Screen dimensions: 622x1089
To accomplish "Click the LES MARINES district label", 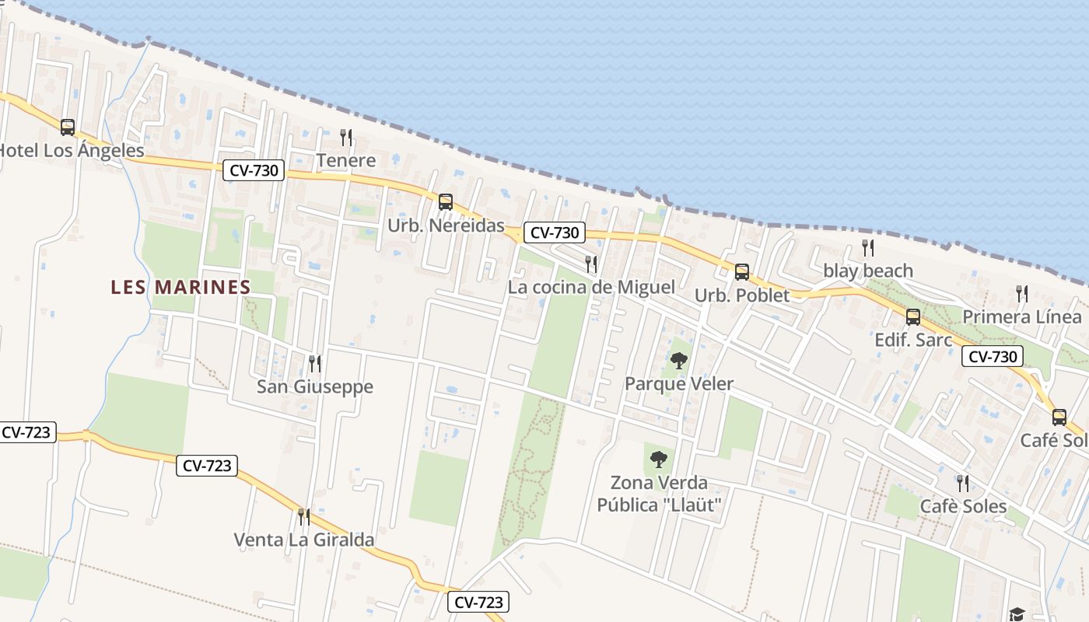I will tap(180, 287).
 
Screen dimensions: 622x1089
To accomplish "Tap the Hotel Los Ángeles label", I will tap(72, 150).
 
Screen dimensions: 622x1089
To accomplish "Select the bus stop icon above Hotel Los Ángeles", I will tap(68, 127).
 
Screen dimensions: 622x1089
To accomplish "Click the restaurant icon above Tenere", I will tap(346, 138).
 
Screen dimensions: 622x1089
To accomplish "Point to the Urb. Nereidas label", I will tap(446, 225).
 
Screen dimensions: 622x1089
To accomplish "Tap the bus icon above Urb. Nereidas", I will tap(445, 202).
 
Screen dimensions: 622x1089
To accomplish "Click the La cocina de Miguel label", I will tap(591, 287).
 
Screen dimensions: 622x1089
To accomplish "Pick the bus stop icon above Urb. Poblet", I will tap(742, 272).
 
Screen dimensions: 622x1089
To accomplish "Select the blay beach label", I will tap(868, 271).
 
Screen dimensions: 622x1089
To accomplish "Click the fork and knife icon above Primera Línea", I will tap(1022, 294).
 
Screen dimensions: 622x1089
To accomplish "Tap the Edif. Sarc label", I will tap(913, 340).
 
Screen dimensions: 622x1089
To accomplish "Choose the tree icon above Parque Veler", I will tap(679, 361).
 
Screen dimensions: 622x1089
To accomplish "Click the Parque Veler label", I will tap(679, 384).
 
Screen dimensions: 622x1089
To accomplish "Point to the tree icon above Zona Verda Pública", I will tap(659, 460).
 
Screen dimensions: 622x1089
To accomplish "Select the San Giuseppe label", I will tap(315, 386).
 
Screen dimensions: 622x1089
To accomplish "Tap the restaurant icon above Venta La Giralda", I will tap(304, 516).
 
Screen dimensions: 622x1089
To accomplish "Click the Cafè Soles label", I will tap(963, 506).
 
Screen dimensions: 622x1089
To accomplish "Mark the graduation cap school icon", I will tap(1017, 614).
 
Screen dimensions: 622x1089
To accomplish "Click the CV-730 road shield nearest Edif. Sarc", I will tap(993, 357).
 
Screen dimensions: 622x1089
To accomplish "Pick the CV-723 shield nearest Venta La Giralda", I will tap(208, 466).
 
